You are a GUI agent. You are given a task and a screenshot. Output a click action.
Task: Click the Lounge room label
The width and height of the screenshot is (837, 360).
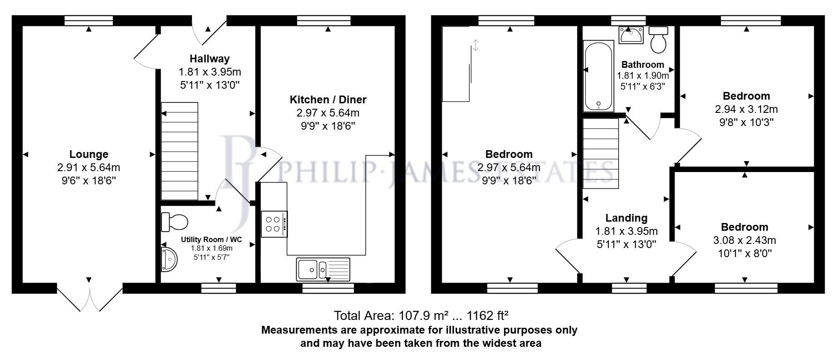click(89, 154)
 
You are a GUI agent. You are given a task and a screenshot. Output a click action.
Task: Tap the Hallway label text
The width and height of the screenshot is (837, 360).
click(209, 59)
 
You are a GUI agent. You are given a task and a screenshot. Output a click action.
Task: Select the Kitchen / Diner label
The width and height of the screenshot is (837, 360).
click(328, 100)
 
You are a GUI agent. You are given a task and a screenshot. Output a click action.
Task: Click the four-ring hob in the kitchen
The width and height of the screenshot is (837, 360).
click(274, 224)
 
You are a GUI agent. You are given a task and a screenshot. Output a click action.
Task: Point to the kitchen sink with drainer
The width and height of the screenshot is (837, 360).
click(323, 269)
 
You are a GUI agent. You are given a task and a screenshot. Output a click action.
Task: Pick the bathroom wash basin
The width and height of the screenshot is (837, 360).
click(630, 35)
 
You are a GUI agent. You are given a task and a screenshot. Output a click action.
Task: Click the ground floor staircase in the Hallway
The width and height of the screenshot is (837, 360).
click(180, 151)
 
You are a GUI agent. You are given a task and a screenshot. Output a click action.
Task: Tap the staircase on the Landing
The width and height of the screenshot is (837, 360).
click(600, 153)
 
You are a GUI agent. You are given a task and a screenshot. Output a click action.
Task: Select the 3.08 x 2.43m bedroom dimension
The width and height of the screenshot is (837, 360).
click(744, 240)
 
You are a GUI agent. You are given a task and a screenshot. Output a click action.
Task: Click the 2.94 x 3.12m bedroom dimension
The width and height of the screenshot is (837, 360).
click(746, 109)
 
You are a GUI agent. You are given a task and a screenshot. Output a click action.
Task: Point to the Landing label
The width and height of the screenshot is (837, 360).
click(626, 218)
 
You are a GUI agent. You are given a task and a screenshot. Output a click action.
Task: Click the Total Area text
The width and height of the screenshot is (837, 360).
click(421, 315)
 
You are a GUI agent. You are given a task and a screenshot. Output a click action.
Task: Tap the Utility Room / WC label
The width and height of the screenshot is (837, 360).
click(211, 239)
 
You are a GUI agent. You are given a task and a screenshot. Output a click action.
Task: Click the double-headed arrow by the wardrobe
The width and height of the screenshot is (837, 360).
click(475, 45)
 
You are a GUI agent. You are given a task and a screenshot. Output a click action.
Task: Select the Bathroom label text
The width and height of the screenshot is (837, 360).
click(642, 65)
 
